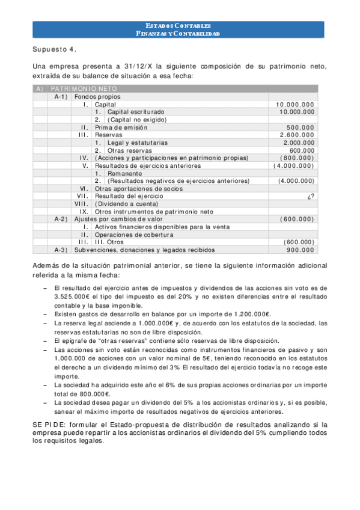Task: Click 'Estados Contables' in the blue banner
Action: pos(178,25)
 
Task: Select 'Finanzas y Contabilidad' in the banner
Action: pos(178,34)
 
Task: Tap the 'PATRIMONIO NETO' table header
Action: pos(84,88)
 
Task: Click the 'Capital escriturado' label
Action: pos(135,112)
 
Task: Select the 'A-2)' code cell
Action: pos(60,220)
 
